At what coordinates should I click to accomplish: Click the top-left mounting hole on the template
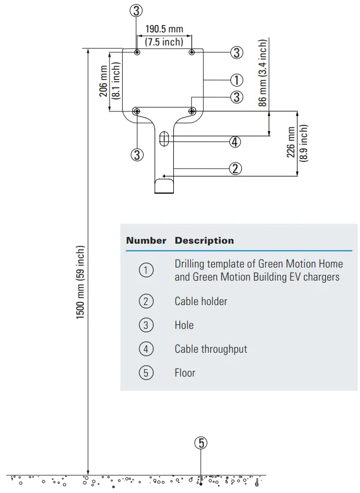click(x=137, y=52)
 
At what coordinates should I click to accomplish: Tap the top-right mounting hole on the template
click(x=192, y=52)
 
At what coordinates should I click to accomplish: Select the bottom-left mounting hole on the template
click(x=137, y=111)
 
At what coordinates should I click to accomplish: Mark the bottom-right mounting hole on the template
click(x=192, y=111)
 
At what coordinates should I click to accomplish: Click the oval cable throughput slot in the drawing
click(x=165, y=137)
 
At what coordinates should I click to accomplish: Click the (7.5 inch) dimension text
click(x=164, y=41)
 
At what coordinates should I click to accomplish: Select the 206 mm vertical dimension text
click(x=104, y=81)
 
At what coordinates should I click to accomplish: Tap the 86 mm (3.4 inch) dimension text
click(x=262, y=73)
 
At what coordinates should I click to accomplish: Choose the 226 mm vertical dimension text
click(x=291, y=143)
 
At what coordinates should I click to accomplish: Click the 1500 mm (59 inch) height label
click(x=81, y=282)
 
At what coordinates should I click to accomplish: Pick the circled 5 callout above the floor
click(x=200, y=443)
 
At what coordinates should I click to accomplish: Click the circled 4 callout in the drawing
click(x=235, y=142)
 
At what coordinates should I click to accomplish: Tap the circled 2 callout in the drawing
click(x=236, y=168)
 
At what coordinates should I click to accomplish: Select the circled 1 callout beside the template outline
click(x=237, y=80)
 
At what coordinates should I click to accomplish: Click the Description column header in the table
click(x=204, y=241)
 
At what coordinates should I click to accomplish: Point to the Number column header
click(x=146, y=241)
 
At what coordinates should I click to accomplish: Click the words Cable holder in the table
click(x=200, y=302)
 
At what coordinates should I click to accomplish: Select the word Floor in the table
click(x=185, y=373)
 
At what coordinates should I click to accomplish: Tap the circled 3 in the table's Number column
click(x=146, y=325)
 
